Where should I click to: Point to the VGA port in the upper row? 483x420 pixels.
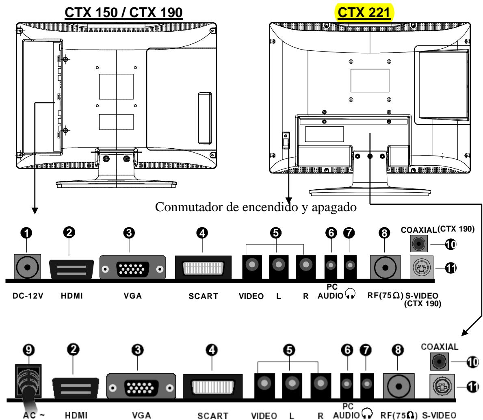pyautogui.click(x=132, y=268)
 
